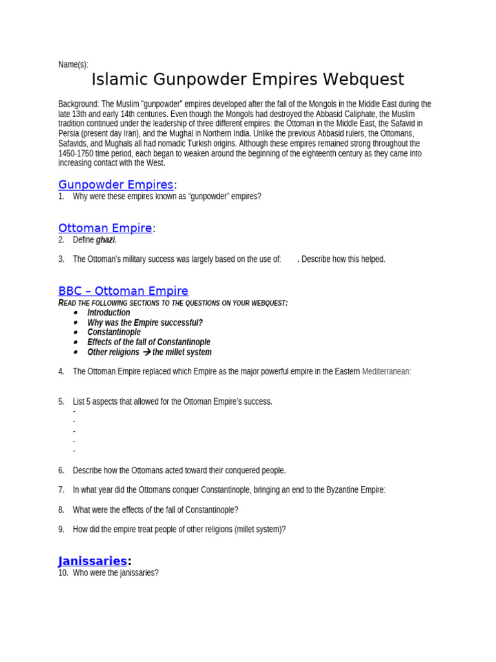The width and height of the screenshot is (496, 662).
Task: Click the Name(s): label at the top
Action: point(73,65)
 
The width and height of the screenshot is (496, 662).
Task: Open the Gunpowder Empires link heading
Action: point(116,185)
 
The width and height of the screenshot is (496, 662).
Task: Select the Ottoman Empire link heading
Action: point(105,228)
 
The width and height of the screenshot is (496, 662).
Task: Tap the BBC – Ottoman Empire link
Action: point(123,291)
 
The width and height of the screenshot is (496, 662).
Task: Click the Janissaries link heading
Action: point(92,561)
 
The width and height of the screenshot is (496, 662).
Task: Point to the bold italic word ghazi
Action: point(106,240)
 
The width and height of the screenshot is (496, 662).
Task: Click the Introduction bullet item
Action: point(108,312)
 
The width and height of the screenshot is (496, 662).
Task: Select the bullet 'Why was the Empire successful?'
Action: point(145,323)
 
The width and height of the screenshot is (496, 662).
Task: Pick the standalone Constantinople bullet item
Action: point(114,332)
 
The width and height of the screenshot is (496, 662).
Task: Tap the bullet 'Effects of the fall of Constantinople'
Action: point(149,342)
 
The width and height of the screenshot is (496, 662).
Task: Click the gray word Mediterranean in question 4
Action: point(386,372)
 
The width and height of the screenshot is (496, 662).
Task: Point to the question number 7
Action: point(61,490)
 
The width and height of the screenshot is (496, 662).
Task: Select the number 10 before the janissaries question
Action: point(63,573)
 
